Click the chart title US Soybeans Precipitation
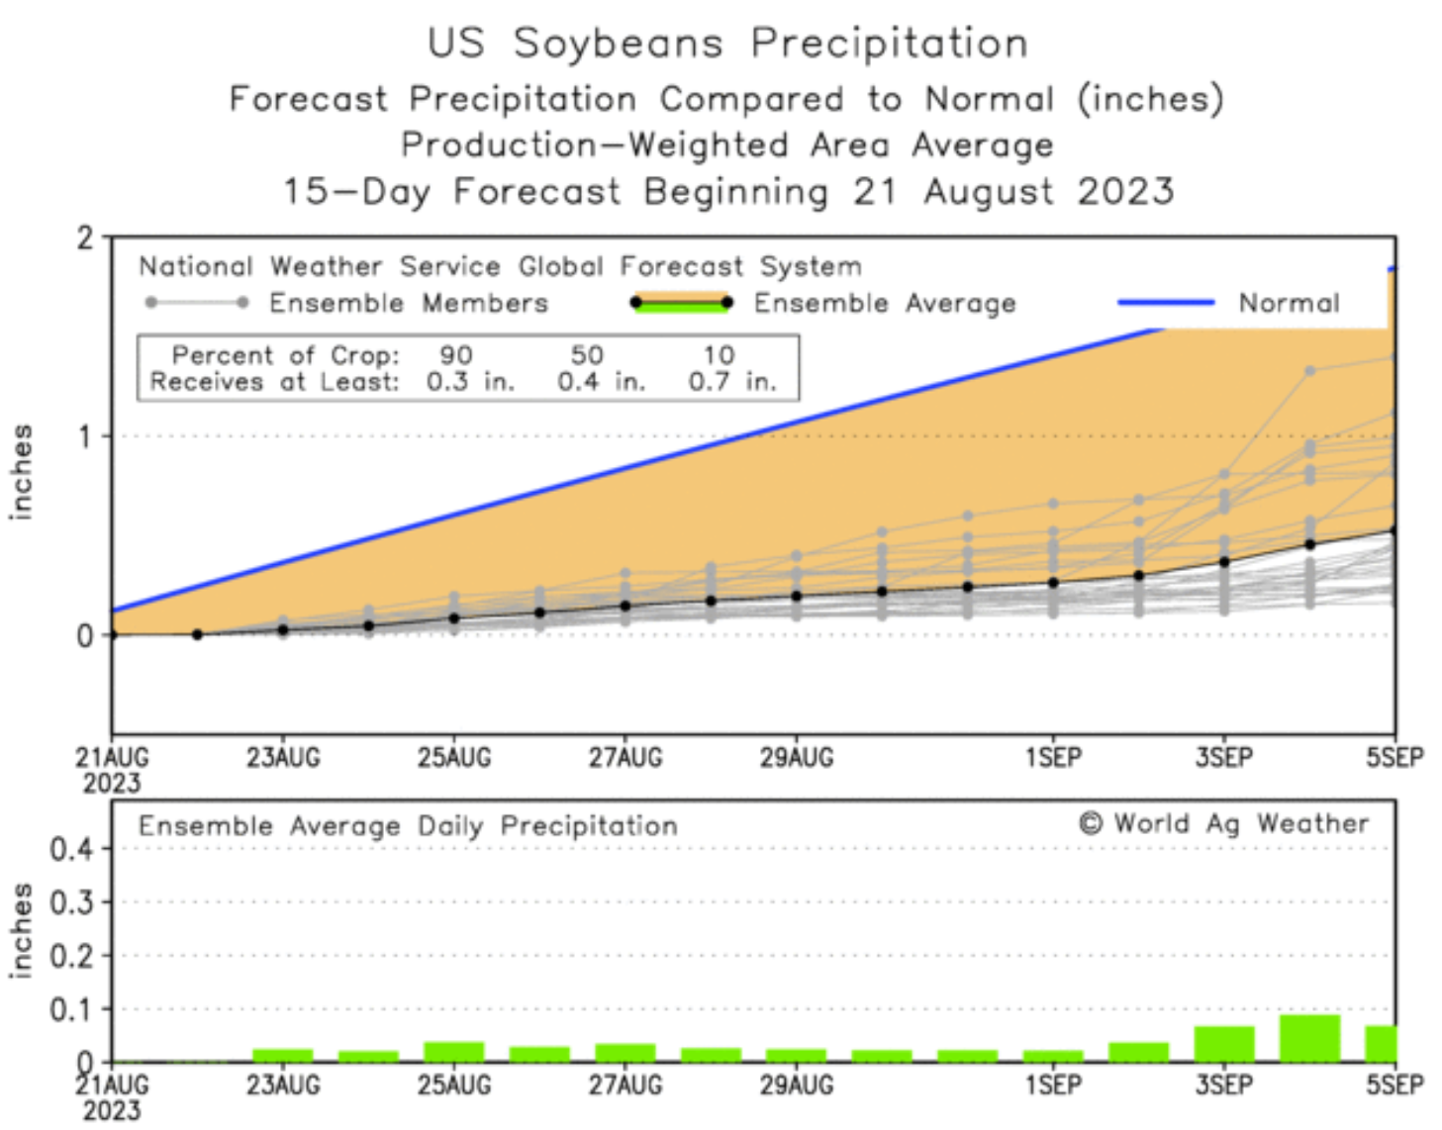point(727,44)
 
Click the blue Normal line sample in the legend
point(1166,303)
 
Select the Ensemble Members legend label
point(408,303)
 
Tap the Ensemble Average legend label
point(885,303)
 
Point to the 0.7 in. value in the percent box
point(732,382)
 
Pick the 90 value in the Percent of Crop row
point(455,355)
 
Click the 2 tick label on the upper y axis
point(86,238)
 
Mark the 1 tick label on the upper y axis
point(86,436)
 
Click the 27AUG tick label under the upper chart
point(625,759)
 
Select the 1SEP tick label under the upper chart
point(1053,759)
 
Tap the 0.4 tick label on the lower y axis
point(71,849)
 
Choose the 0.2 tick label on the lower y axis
point(71,956)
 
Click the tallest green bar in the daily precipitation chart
point(1309,1038)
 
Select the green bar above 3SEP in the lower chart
point(1224,1044)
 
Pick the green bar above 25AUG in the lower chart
point(454,1052)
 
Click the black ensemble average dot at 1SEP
point(1053,583)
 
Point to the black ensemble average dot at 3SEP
point(1224,562)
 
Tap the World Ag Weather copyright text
point(1224,823)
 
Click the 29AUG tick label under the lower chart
point(797,1085)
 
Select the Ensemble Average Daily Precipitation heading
point(408,826)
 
